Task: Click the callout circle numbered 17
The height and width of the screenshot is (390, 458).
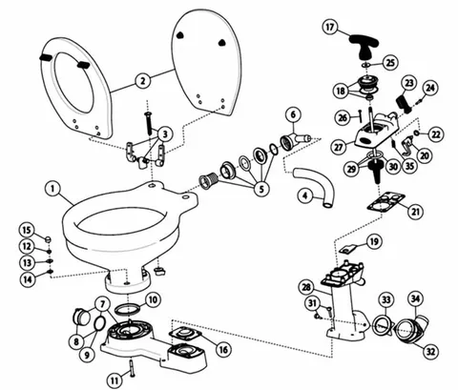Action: pos(330,27)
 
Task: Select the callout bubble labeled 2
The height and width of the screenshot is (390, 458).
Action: pos(143,81)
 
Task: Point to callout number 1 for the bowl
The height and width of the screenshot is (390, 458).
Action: pos(52,189)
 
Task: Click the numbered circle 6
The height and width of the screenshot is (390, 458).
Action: pos(293,115)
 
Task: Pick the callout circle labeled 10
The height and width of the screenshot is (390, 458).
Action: pos(153,299)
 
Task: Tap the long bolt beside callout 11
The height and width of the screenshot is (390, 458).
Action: pos(132,368)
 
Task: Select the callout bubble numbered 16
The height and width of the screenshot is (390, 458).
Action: pos(223,350)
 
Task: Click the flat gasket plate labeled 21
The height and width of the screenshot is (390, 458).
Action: pos(385,201)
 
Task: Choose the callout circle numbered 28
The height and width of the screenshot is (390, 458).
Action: pos(306,288)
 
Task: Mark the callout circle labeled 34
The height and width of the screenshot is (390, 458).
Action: pos(415,299)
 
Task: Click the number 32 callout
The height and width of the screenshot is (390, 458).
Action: pos(430,352)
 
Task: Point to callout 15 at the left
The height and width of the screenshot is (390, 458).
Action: pos(28,230)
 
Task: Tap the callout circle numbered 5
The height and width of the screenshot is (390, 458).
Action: pos(261,189)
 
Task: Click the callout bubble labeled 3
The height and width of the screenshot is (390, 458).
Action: pos(165,134)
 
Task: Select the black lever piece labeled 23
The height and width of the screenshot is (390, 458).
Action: pos(404,102)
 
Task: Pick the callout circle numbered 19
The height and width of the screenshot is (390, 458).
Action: pos(374,242)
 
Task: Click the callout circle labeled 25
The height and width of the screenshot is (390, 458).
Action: pos(390,63)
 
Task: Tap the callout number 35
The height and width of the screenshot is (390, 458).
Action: pos(410,166)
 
